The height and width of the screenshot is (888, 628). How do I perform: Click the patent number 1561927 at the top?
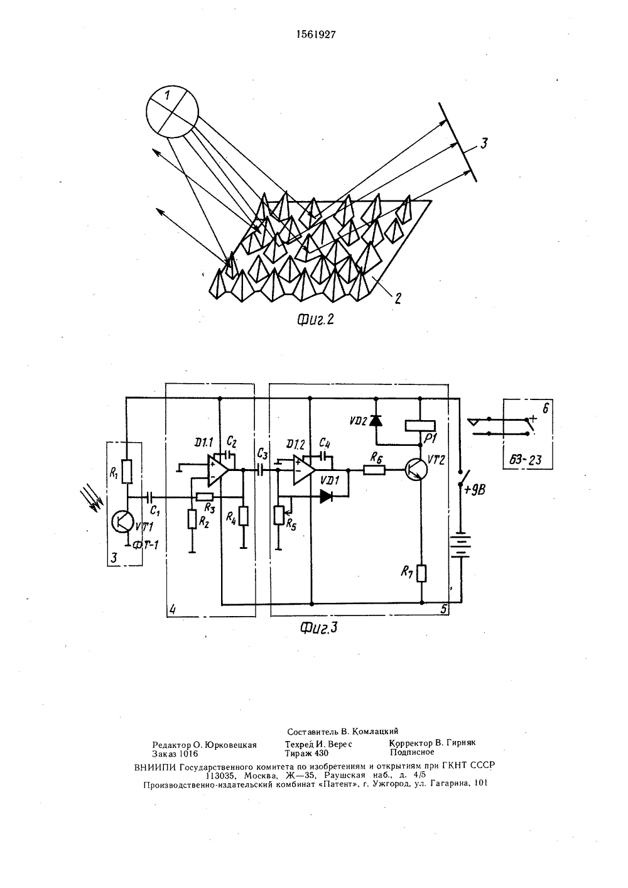(x=317, y=35)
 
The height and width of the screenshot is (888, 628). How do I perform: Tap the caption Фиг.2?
(x=316, y=319)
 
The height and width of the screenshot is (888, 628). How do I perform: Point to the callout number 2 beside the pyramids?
(x=397, y=298)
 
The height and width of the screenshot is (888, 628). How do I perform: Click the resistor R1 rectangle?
(x=126, y=472)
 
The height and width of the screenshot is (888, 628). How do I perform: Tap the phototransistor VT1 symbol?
(x=122, y=522)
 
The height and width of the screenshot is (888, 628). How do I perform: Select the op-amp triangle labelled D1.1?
(x=217, y=470)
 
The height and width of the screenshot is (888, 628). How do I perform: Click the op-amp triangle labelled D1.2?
(x=304, y=470)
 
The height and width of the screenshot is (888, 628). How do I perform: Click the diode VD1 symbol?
(x=326, y=496)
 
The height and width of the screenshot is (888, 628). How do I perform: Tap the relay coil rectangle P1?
(x=420, y=425)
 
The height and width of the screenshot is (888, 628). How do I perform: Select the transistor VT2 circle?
(x=416, y=470)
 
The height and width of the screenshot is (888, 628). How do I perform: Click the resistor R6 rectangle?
(x=374, y=470)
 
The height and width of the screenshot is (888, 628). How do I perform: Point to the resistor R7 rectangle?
(x=421, y=573)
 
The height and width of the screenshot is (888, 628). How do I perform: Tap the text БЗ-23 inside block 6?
(x=525, y=459)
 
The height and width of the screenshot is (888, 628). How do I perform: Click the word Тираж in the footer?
(x=299, y=753)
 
